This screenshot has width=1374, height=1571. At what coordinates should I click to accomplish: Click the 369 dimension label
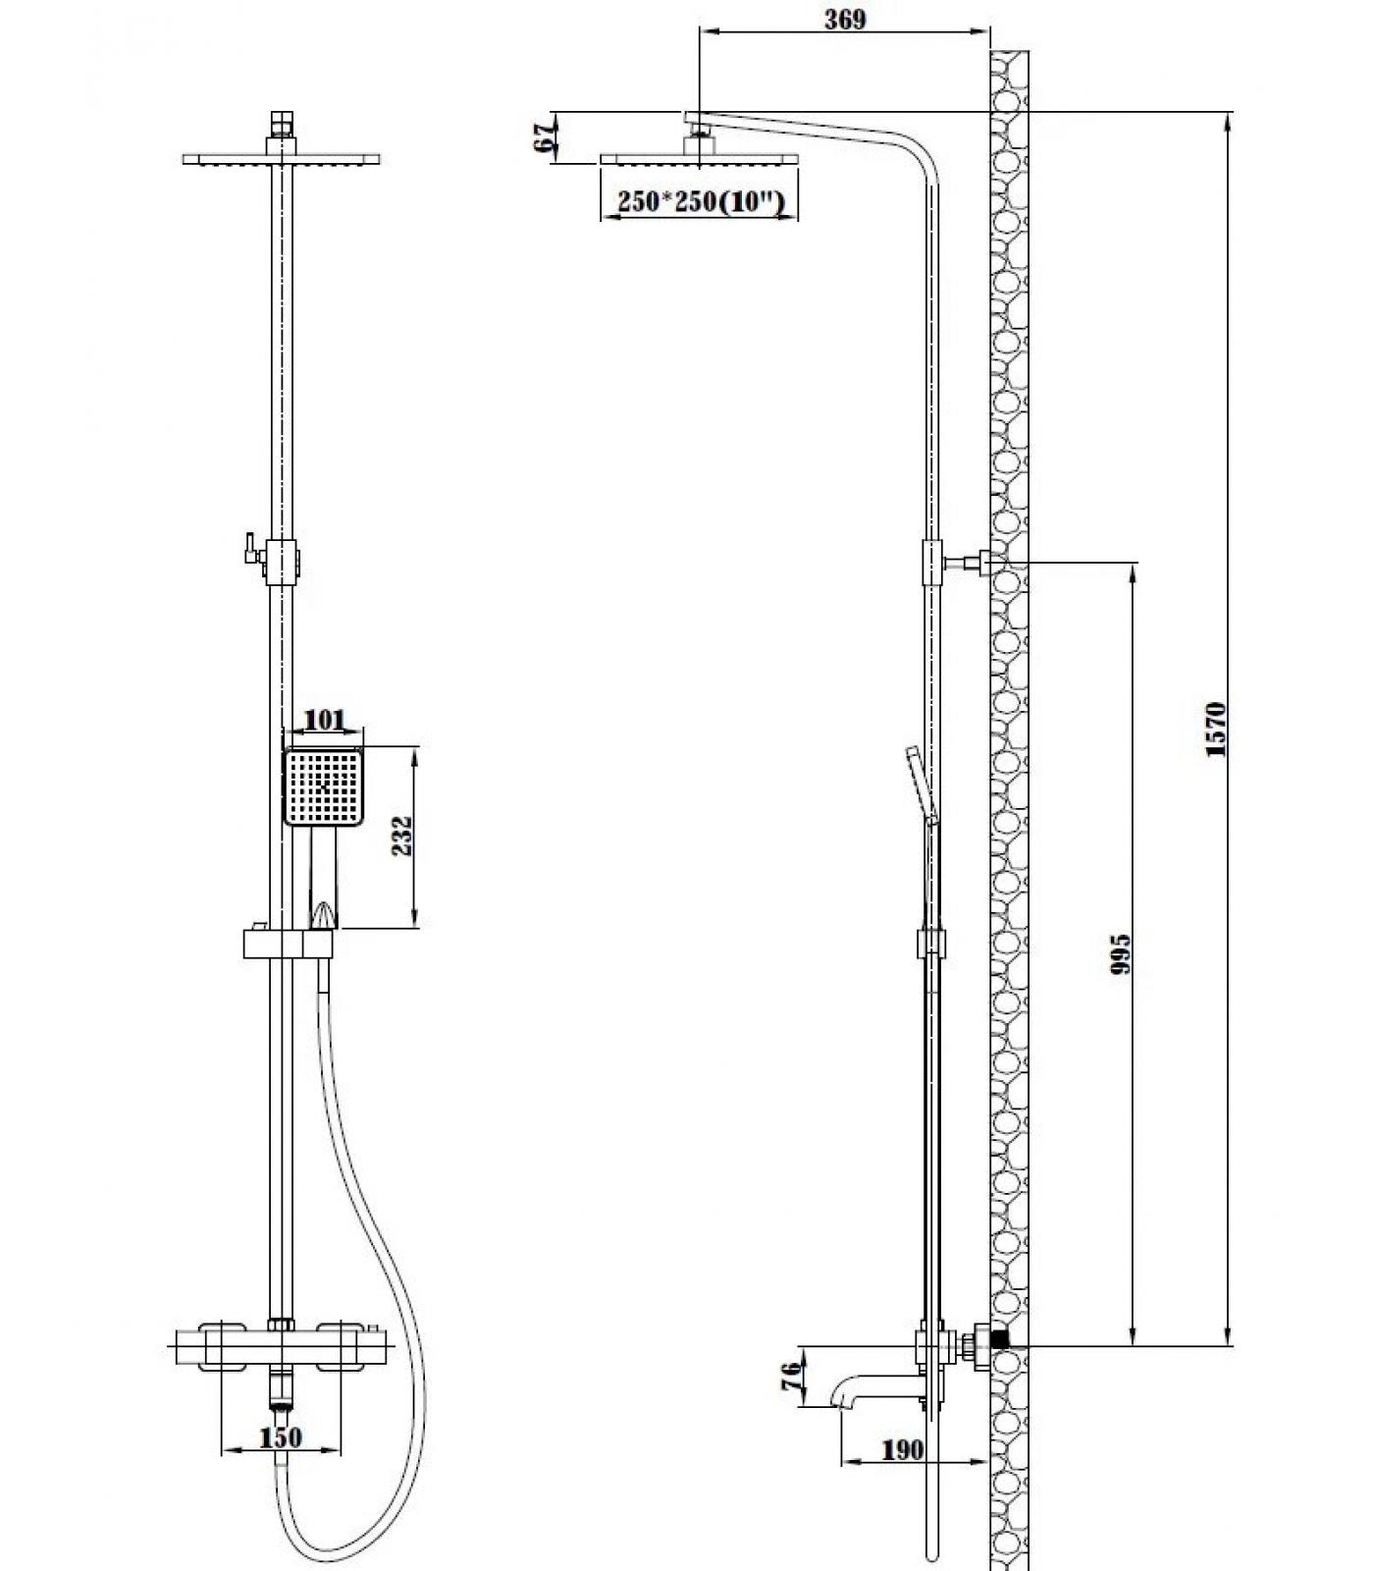point(845,19)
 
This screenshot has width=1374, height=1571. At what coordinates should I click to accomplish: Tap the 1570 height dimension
point(1217,729)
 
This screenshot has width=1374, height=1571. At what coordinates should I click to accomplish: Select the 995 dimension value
point(1121,953)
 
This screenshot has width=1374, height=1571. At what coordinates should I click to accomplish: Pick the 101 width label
point(324,720)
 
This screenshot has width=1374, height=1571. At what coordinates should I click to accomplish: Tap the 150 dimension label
point(281,1437)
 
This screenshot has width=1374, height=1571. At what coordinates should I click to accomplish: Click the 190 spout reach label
point(903,1449)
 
